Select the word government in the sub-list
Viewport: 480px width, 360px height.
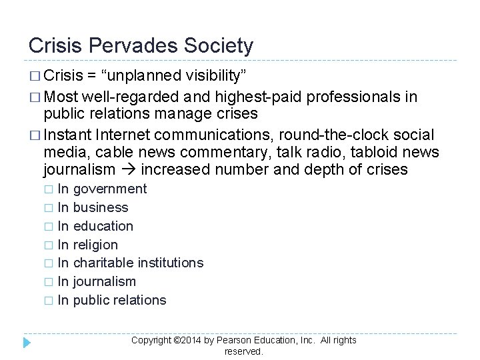(x=110, y=189)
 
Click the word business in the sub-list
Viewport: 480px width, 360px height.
(x=101, y=207)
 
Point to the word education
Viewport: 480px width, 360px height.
(x=103, y=226)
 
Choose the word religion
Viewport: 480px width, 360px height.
(x=95, y=245)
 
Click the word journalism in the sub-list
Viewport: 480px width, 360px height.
(x=105, y=281)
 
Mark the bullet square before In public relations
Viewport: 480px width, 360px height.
(x=48, y=301)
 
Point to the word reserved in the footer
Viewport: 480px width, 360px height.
(x=243, y=351)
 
